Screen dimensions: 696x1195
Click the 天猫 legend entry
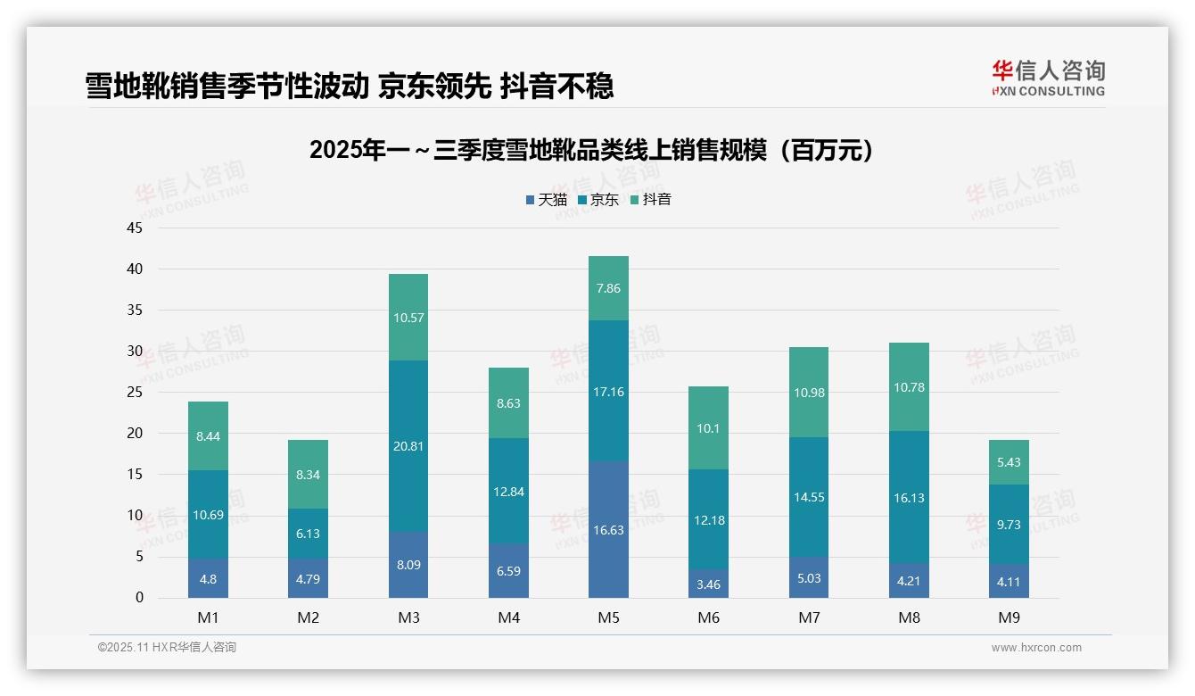click(x=546, y=200)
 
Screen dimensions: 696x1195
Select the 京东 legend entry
click(x=598, y=200)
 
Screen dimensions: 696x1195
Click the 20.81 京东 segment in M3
click(x=408, y=446)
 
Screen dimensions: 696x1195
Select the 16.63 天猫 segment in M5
click(x=608, y=530)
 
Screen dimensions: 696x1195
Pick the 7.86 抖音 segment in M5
click(x=608, y=288)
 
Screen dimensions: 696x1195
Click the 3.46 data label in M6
click(x=709, y=584)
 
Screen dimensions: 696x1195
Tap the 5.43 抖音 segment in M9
click(x=1009, y=462)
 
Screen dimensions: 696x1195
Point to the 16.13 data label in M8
click(x=909, y=498)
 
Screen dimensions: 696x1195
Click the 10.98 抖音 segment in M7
click(x=809, y=393)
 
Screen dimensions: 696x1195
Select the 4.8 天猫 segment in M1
click(x=208, y=578)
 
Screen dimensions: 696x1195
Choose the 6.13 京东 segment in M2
click(x=308, y=534)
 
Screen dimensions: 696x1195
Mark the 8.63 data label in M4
click(x=508, y=403)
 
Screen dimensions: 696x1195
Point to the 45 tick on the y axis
click(x=135, y=228)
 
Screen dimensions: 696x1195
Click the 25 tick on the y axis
click(x=135, y=392)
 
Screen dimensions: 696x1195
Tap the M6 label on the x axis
click(x=709, y=617)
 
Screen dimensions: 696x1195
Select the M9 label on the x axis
click(x=1009, y=617)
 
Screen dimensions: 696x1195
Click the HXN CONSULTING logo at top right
click(x=1048, y=79)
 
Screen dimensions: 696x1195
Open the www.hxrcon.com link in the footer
click(x=1035, y=648)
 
